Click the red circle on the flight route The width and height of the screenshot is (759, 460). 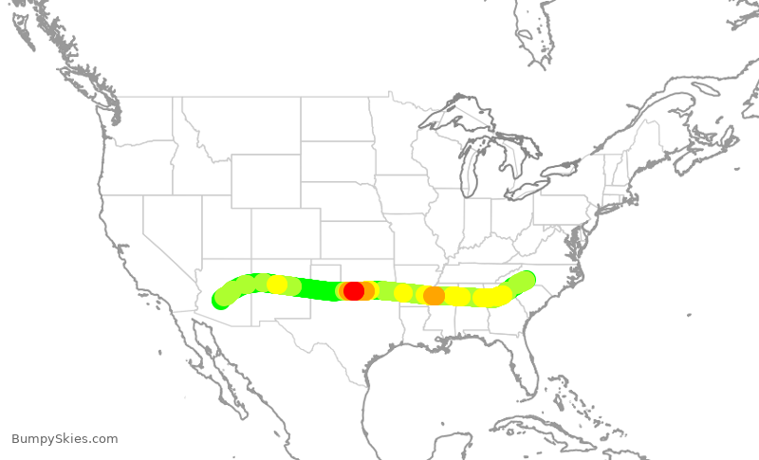[354, 290]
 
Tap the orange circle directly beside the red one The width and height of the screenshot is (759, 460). [367, 290]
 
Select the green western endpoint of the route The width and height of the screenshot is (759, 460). [220, 301]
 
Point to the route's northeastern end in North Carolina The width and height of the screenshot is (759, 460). [526, 280]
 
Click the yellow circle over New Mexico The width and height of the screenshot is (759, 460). [277, 285]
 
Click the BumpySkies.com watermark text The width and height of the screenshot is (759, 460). [65, 438]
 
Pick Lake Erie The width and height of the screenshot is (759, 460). [537, 186]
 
